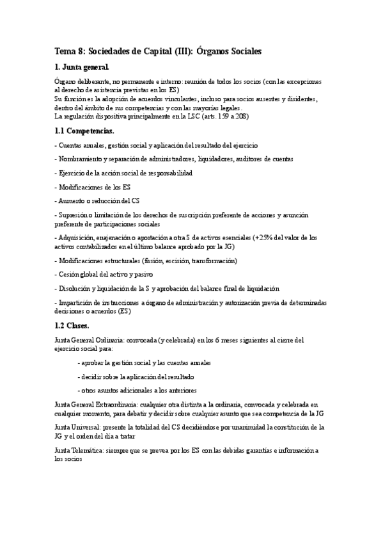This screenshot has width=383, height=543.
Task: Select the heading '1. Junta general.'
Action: pyautogui.click(x=81, y=67)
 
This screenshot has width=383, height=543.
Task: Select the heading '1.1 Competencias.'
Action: pyautogui.click(x=85, y=131)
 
